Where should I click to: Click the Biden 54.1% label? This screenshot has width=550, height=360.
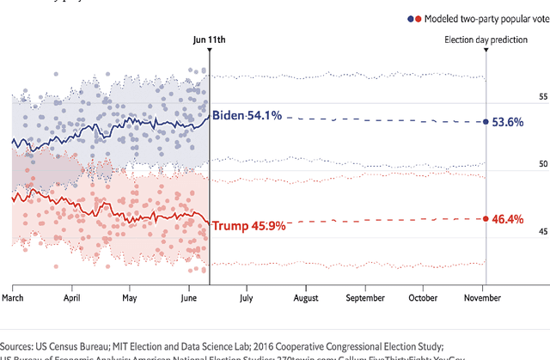tap(246, 115)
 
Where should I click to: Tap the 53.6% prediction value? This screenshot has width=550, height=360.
tap(507, 122)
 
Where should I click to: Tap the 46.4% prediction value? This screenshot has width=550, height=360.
tap(507, 219)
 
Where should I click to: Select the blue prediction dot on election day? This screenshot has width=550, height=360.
tap(486, 122)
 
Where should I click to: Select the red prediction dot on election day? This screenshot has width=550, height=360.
tap(486, 219)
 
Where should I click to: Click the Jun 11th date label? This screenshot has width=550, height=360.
tap(211, 40)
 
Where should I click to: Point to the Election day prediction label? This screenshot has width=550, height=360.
tap(486, 40)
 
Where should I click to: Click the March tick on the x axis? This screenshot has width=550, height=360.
tap(13, 297)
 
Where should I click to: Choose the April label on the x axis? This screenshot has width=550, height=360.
tap(72, 297)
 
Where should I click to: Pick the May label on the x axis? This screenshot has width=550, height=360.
tap(130, 297)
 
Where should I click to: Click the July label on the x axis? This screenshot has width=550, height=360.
tap(246, 297)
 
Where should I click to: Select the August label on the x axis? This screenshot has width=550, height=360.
tap(306, 297)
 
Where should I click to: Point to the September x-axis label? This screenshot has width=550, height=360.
tap(365, 297)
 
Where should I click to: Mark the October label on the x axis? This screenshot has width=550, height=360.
tap(424, 297)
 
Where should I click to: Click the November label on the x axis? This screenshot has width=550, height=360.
tap(482, 297)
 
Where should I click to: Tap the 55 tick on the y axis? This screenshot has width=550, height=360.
tap(519, 97)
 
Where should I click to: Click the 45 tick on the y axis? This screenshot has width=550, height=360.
tap(519, 232)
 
